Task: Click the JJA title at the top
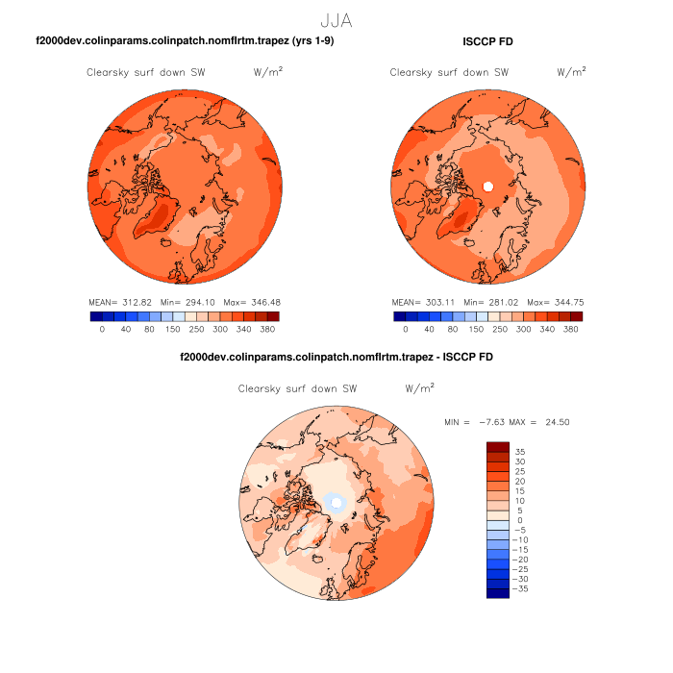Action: click(337, 19)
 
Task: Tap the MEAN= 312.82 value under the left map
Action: click(114, 302)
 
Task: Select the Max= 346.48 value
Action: click(251, 302)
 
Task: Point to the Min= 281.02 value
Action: click(491, 302)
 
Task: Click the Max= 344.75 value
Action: click(555, 302)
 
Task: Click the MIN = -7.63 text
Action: click(473, 422)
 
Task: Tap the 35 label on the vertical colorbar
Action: click(520, 451)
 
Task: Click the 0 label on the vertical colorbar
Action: click(520, 520)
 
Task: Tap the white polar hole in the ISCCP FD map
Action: click(487, 186)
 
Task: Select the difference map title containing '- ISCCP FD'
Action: click(336, 357)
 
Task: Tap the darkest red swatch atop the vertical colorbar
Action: click(497, 446)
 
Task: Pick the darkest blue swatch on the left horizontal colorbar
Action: click(95, 315)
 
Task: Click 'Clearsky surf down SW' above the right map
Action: click(449, 72)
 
